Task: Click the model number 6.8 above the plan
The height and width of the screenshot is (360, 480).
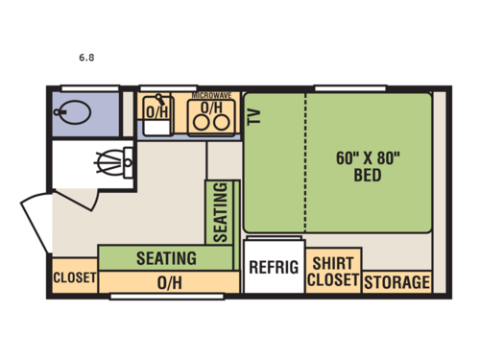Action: [x=86, y=57]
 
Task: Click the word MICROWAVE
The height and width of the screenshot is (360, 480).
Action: [x=211, y=96]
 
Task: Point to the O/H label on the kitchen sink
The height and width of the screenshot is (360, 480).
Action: [x=156, y=113]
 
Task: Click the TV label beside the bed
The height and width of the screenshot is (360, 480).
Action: [x=254, y=116]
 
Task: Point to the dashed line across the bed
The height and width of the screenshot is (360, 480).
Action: [x=306, y=163]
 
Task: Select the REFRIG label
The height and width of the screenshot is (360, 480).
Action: [x=274, y=266]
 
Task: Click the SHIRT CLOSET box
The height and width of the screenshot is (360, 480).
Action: [x=332, y=272]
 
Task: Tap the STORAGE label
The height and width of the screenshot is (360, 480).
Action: [x=396, y=282]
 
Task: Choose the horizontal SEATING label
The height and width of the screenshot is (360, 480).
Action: [x=165, y=258]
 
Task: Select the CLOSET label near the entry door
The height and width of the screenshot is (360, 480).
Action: [x=74, y=278]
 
